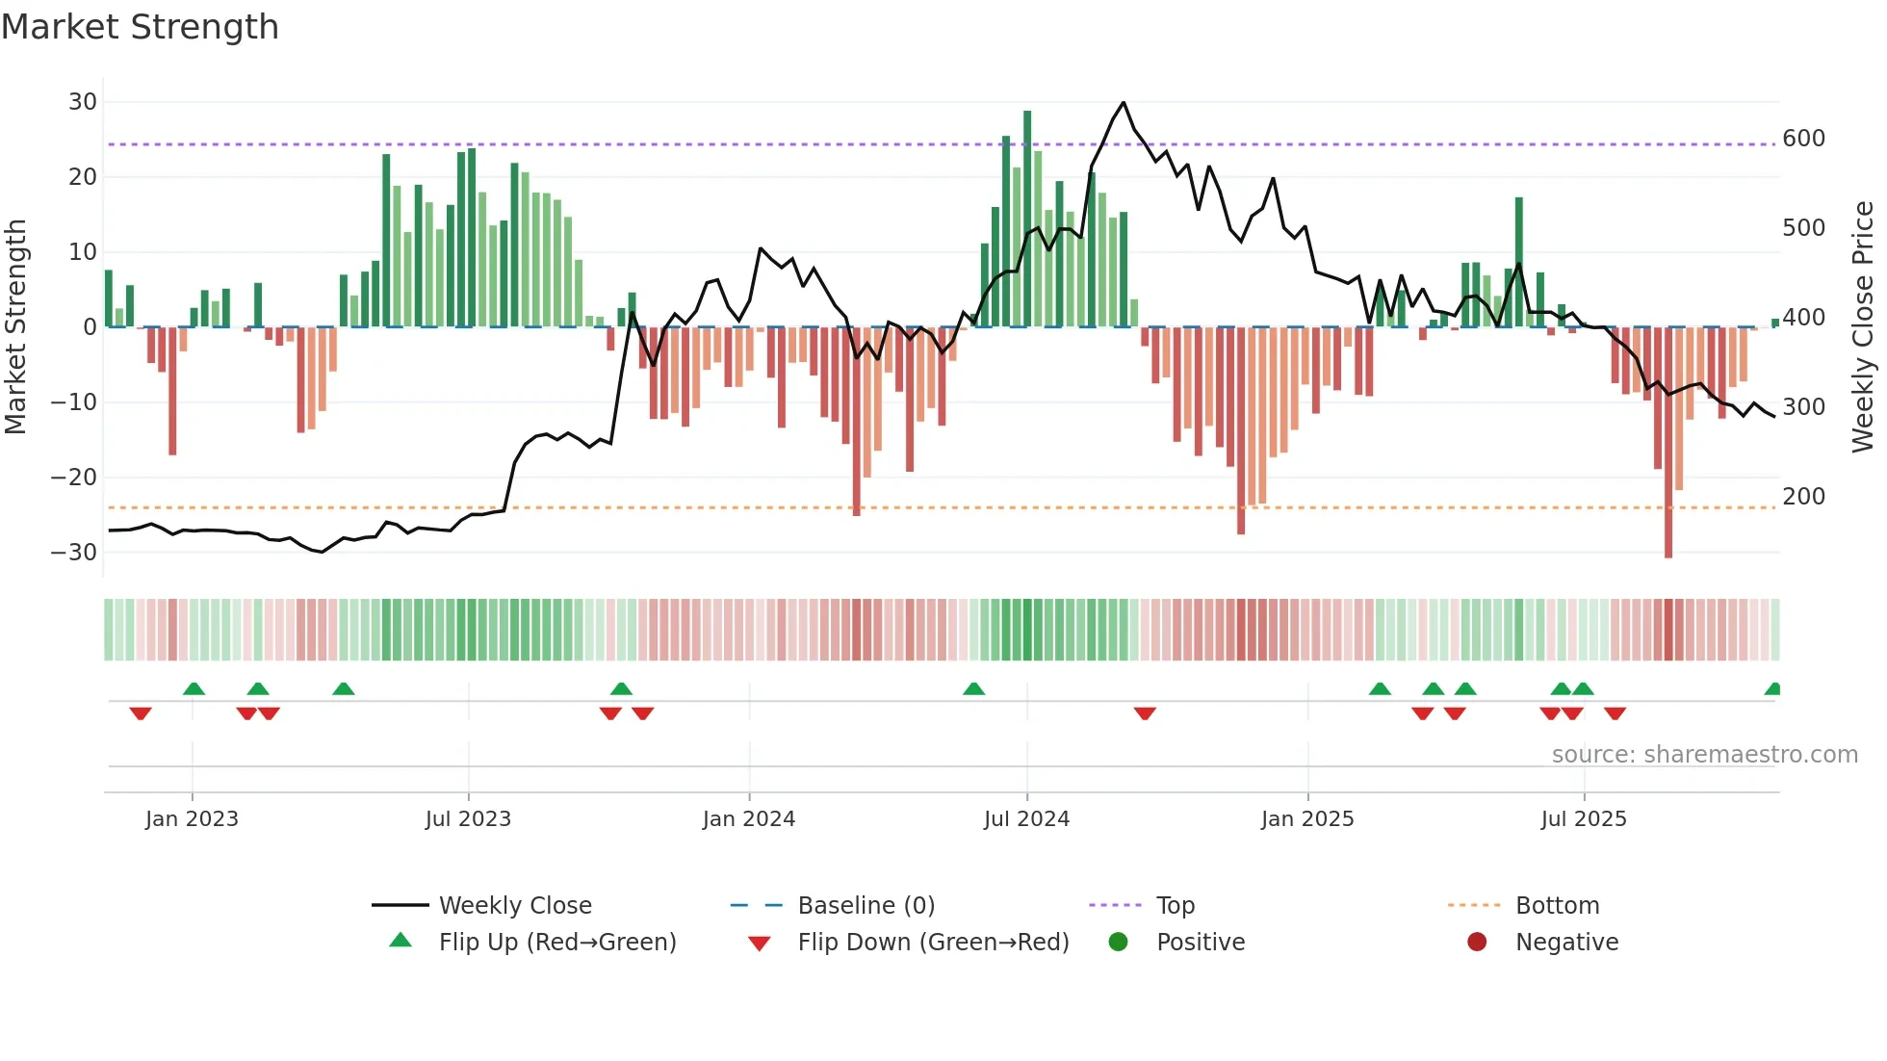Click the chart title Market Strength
(x=140, y=27)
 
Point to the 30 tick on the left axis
(x=83, y=102)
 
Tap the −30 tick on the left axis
(x=74, y=553)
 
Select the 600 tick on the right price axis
(x=1803, y=139)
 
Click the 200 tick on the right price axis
(x=1803, y=497)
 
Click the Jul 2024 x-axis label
(x=1026, y=819)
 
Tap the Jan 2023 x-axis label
(x=192, y=819)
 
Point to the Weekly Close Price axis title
(x=1863, y=327)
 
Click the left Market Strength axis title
(x=15, y=327)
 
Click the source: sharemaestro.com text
(x=1704, y=755)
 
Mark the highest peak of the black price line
(x=1123, y=102)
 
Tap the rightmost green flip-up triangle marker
(x=1772, y=689)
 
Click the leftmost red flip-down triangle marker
(x=141, y=713)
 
